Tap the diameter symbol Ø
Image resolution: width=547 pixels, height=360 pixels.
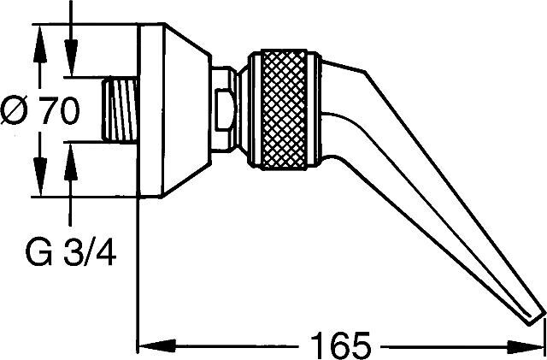[20, 111]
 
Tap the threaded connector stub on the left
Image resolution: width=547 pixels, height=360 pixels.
[120, 111]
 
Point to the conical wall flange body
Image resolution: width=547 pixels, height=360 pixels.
[175, 111]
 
